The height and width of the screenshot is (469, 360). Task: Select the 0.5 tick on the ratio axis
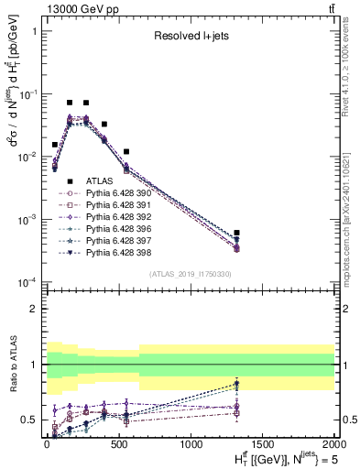coord(32,420)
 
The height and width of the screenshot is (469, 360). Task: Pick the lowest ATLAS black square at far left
coord(55,145)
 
